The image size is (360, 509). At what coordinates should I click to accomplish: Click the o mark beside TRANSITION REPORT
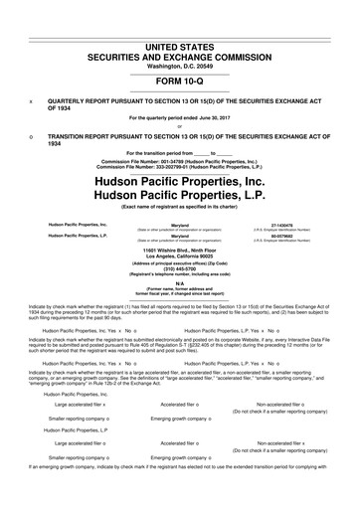pyautogui.click(x=33, y=136)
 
